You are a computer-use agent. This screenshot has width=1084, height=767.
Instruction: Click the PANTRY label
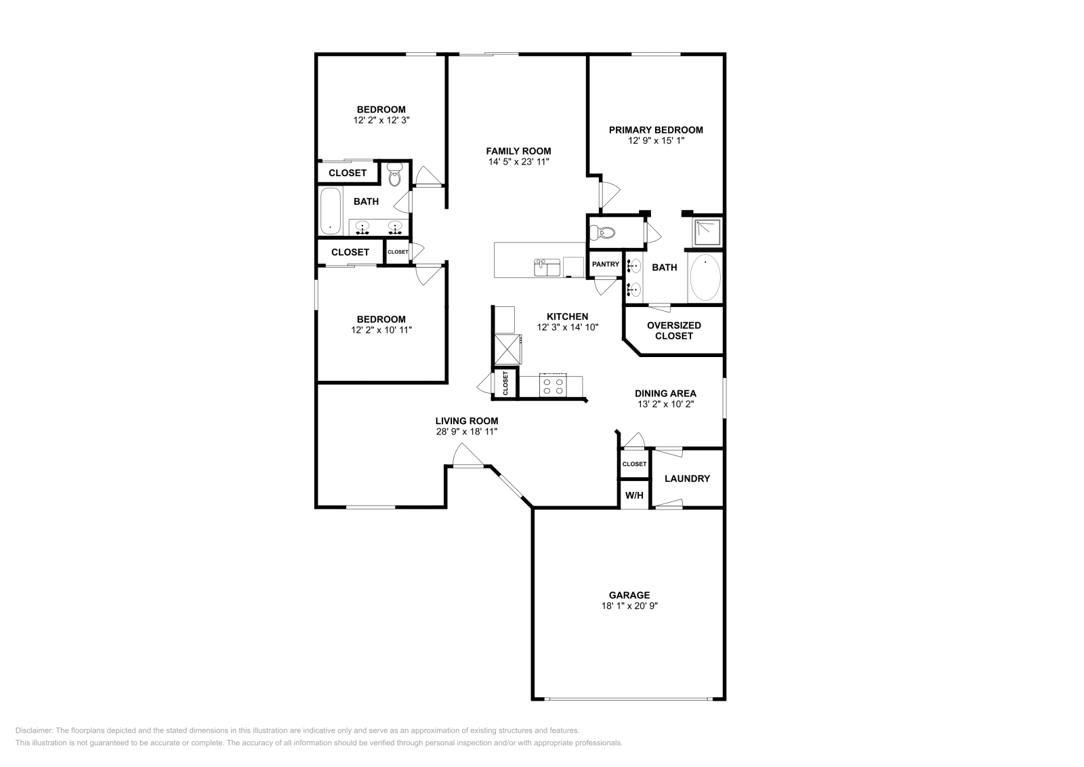pos(605,264)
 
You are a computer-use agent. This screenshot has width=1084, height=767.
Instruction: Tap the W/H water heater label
pos(634,495)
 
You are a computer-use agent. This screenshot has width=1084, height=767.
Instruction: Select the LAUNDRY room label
pos(687,478)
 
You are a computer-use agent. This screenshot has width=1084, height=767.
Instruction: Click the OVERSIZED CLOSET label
pos(674,331)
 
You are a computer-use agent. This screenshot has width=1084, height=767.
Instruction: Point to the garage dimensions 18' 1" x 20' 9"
pos(629,606)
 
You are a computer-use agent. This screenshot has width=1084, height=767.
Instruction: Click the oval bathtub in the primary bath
pos(705,278)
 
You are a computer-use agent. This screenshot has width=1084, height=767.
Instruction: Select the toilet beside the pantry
pos(602,233)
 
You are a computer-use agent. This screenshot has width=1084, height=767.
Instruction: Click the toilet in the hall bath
pos(395,175)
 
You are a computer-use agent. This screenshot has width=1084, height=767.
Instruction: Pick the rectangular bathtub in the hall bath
pos(331,211)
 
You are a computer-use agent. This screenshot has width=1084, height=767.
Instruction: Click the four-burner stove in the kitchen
pos(551,386)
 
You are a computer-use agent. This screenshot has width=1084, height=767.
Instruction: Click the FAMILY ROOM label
pos(518,151)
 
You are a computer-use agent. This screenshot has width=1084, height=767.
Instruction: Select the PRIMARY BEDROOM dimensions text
pos(656,141)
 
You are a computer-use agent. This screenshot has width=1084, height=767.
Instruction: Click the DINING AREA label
pos(665,393)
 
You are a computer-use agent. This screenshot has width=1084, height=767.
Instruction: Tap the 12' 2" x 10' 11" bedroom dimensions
pos(381,330)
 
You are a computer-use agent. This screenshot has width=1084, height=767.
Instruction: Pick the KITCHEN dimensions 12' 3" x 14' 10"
pos(568,327)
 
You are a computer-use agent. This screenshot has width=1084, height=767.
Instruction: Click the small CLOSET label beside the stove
pos(505,383)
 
